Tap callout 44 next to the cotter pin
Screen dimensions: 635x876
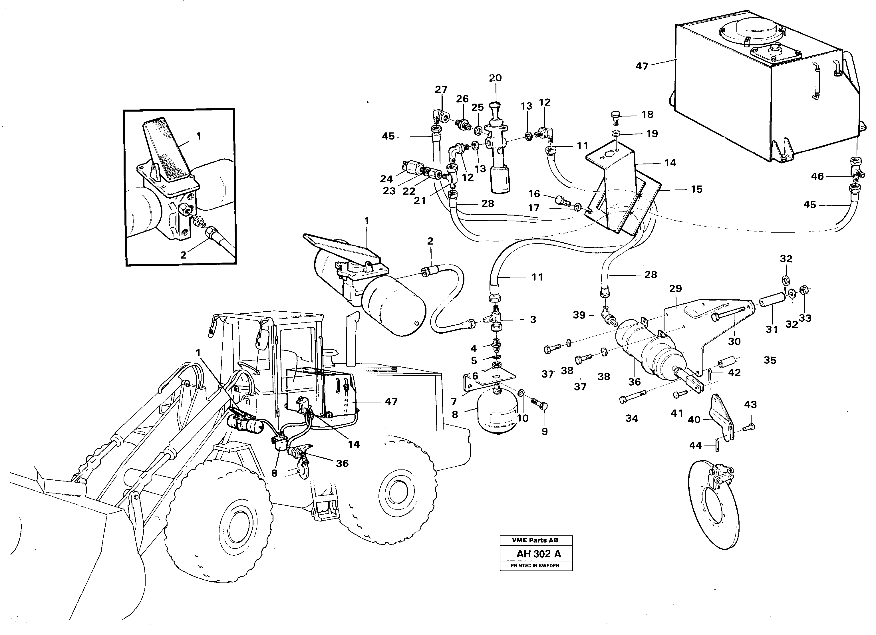695,446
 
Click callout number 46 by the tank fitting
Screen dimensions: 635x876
817,177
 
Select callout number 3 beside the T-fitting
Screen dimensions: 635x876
533,319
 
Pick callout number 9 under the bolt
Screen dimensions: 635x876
544,432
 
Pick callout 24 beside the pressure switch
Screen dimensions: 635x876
386,179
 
